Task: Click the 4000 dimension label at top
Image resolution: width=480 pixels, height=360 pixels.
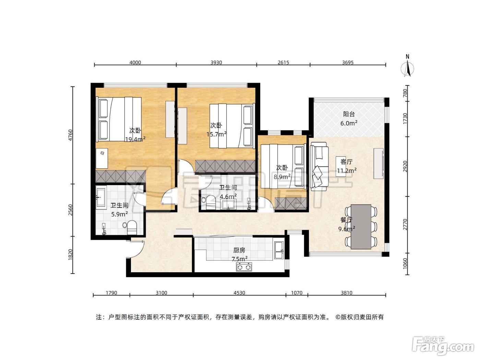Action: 135,62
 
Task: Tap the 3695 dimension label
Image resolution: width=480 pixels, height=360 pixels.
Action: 348,62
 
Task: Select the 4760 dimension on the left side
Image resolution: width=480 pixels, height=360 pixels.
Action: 70,135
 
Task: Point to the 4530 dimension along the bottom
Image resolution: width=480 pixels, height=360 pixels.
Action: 239,293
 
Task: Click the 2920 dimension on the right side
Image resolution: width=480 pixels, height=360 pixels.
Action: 405,166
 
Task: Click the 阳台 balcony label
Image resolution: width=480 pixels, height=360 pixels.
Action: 349,114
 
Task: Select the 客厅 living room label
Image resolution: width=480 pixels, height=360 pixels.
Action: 346,162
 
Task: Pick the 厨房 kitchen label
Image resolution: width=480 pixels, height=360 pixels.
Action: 239,250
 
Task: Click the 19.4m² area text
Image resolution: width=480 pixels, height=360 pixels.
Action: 135,139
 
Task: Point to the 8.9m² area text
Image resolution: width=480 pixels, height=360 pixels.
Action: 282,177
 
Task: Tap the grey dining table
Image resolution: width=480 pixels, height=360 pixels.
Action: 361,227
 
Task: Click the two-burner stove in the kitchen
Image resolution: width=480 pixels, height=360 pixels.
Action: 244,267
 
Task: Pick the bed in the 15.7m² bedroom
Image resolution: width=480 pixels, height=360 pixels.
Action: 232,126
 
